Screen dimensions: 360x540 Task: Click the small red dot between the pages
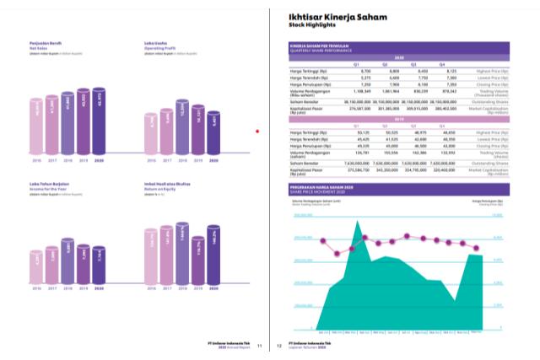click(x=256, y=131)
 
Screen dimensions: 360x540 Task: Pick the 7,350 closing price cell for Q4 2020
click(x=447, y=85)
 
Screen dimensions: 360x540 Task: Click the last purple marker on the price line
click(x=478, y=248)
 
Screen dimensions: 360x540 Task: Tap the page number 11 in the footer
click(x=260, y=344)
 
